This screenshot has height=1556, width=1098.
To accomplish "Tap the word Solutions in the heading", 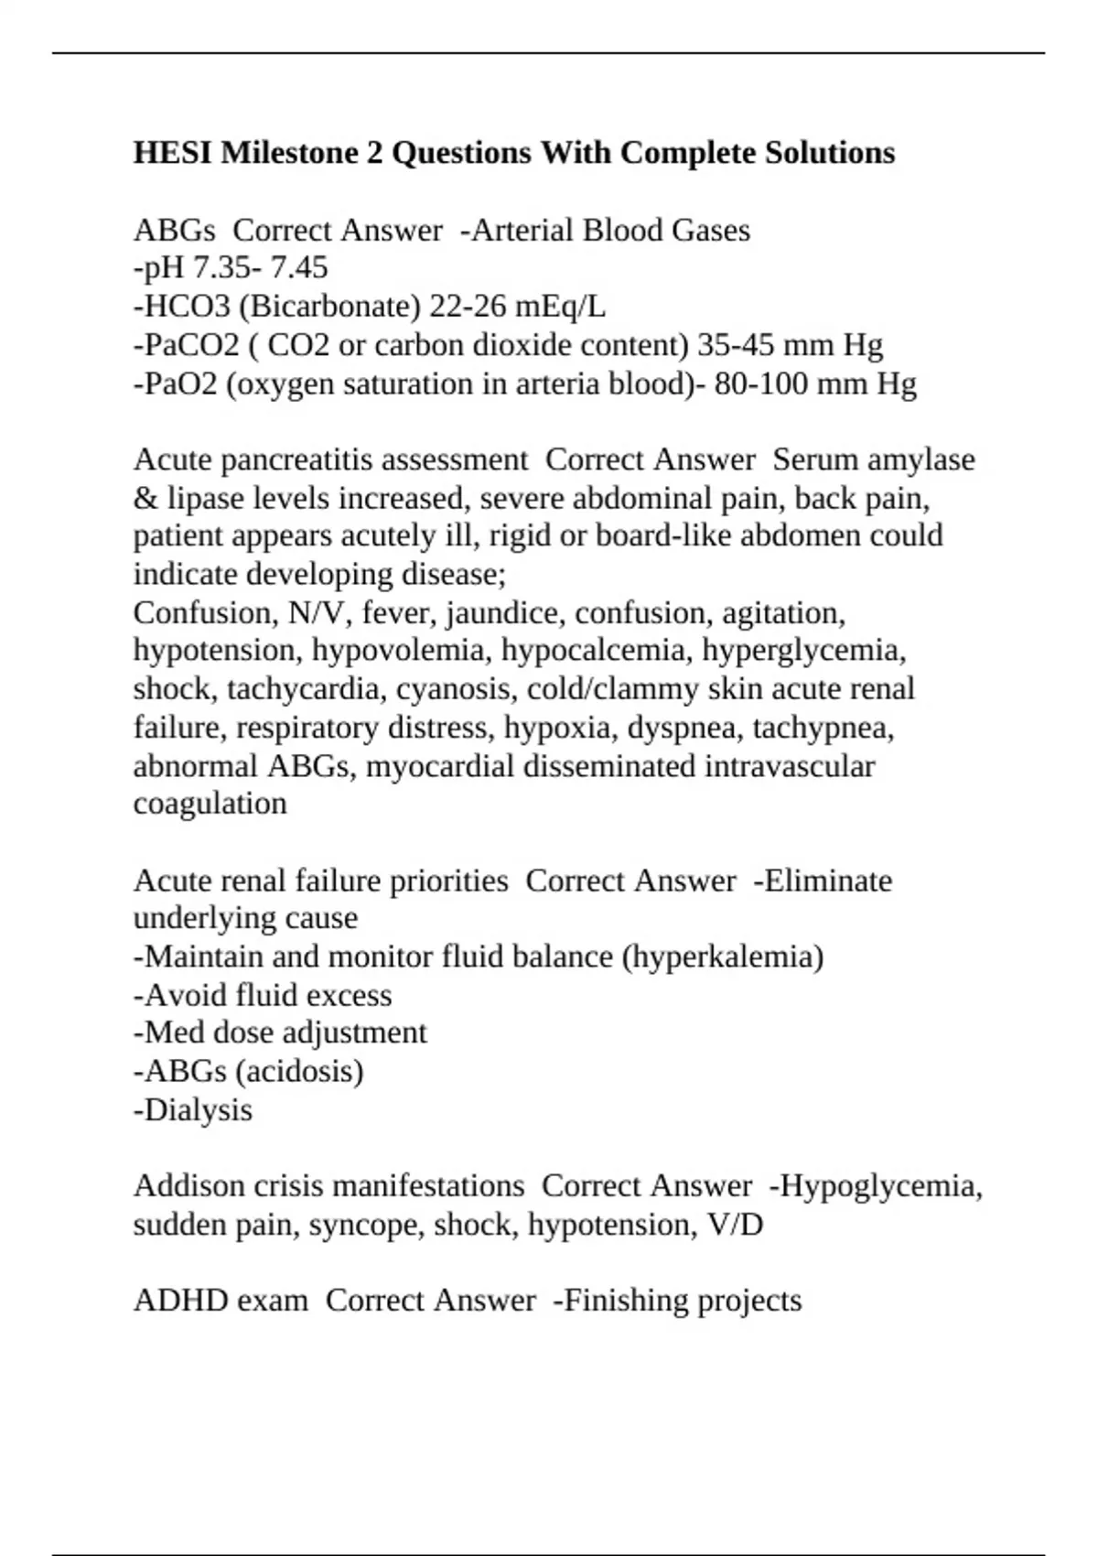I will click(x=830, y=152).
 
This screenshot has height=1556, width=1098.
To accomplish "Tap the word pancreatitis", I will click(x=296, y=459).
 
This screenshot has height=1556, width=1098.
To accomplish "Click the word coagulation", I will click(x=210, y=803).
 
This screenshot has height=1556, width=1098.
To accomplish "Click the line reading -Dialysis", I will click(x=193, y=1109).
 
